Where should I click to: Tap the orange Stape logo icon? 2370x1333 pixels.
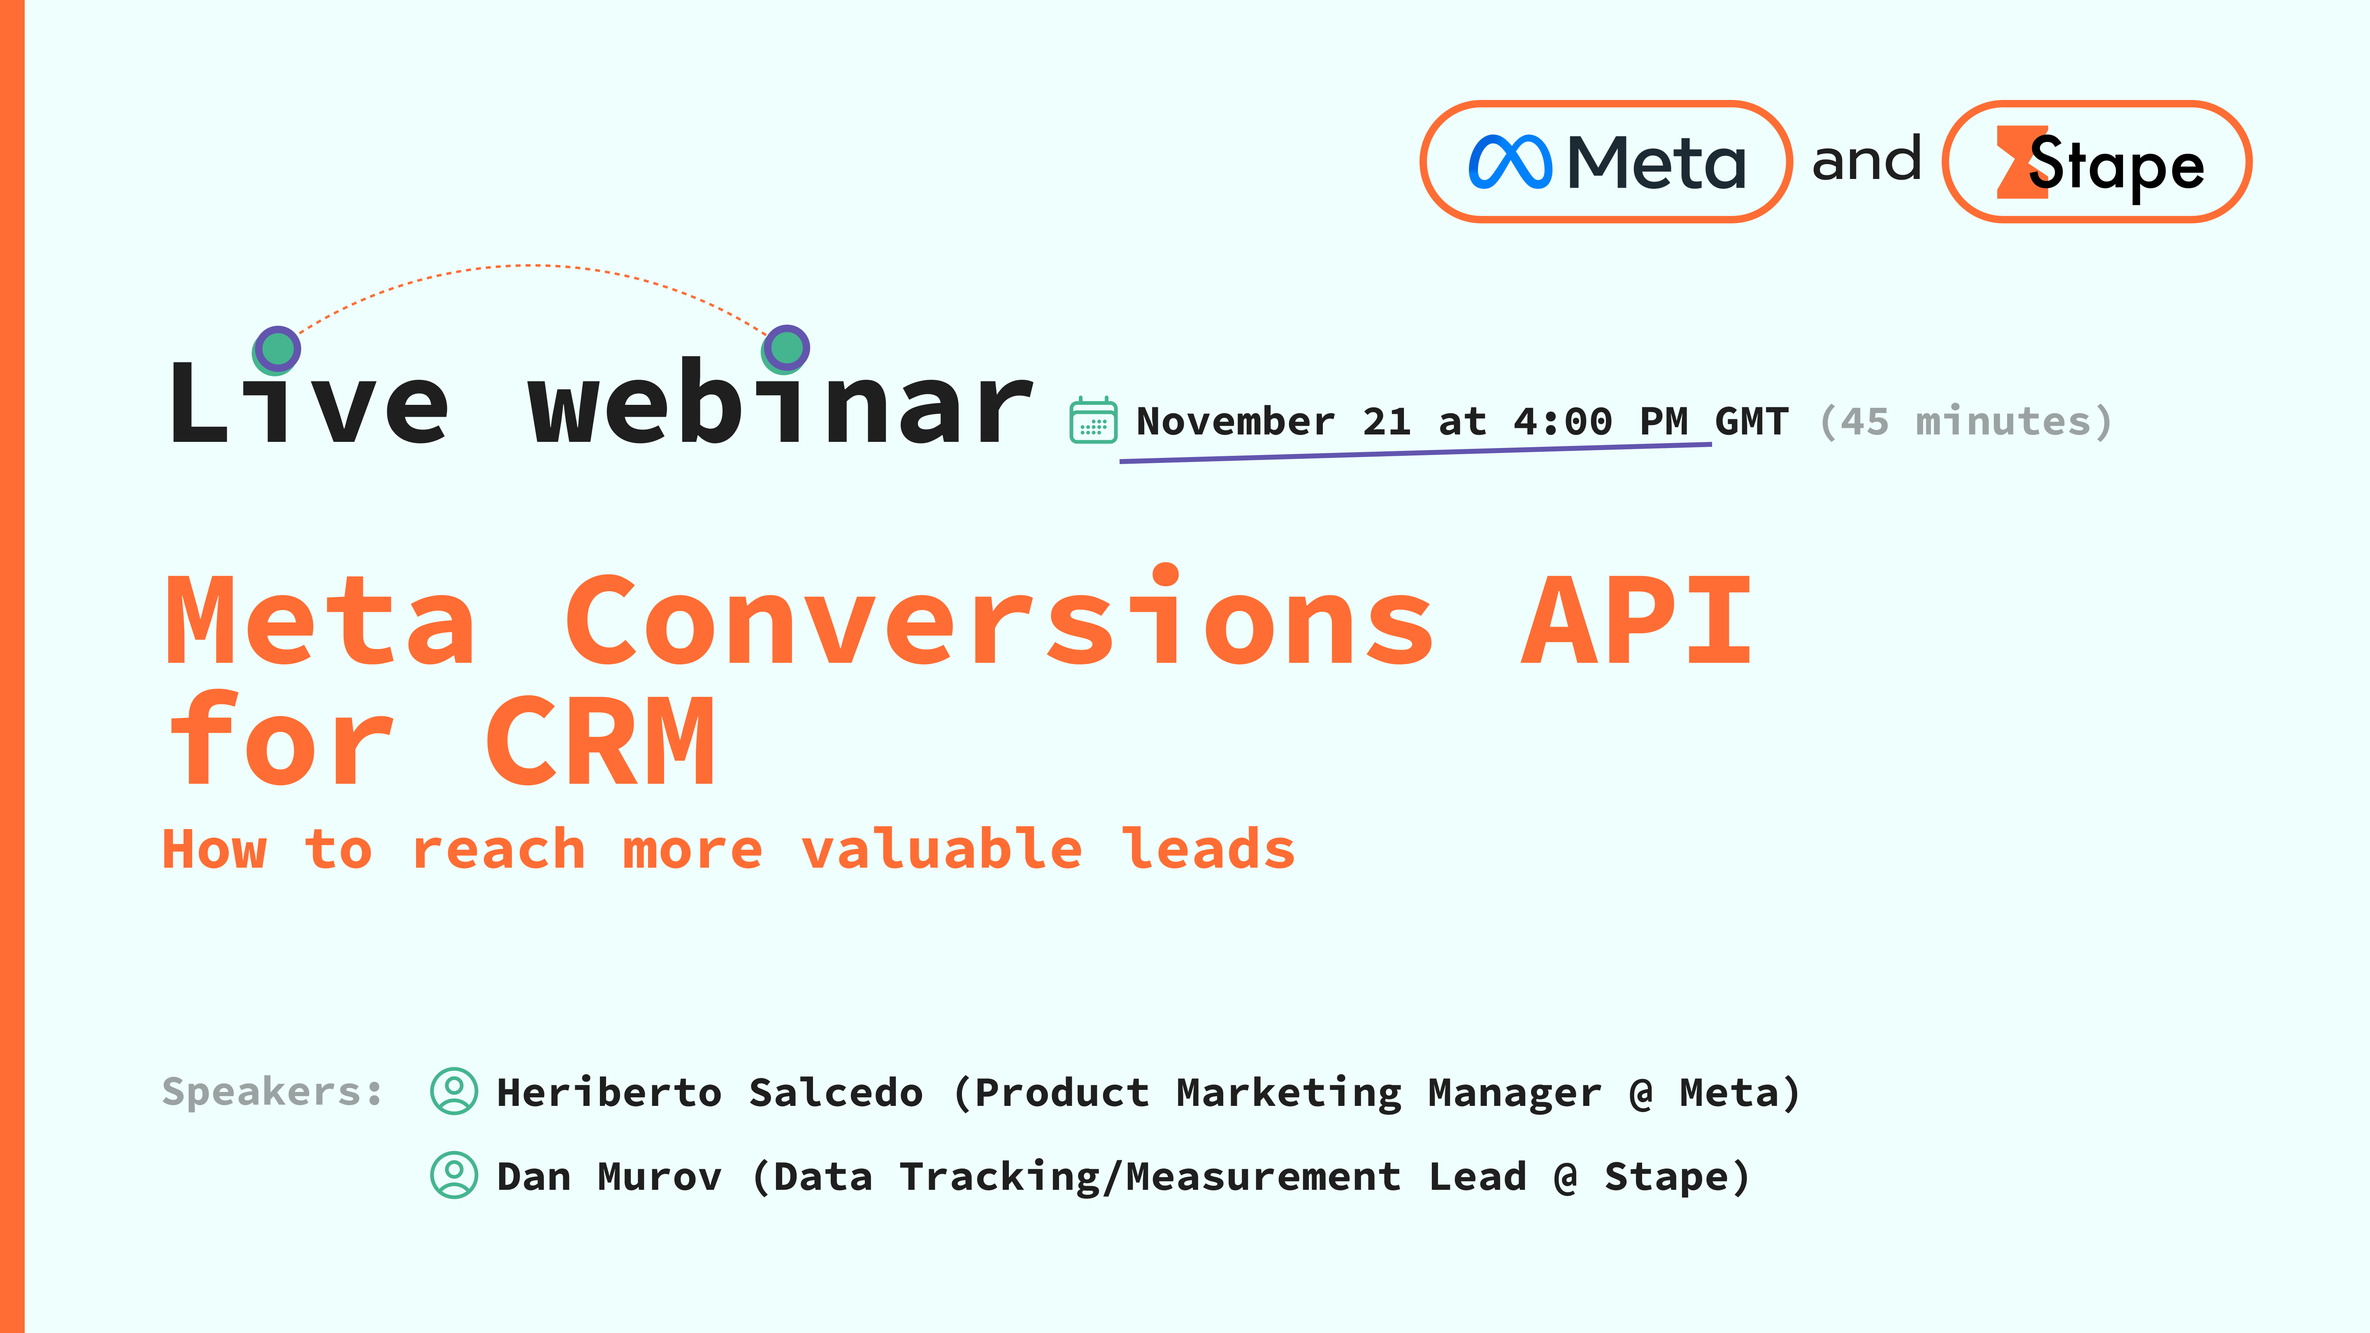click(2020, 163)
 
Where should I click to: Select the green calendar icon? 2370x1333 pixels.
click(1093, 421)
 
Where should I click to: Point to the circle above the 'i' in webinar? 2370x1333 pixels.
click(786, 348)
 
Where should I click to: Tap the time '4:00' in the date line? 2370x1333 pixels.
click(1562, 421)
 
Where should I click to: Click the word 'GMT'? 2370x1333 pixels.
click(1752, 421)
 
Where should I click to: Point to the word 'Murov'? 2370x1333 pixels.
click(660, 1177)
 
